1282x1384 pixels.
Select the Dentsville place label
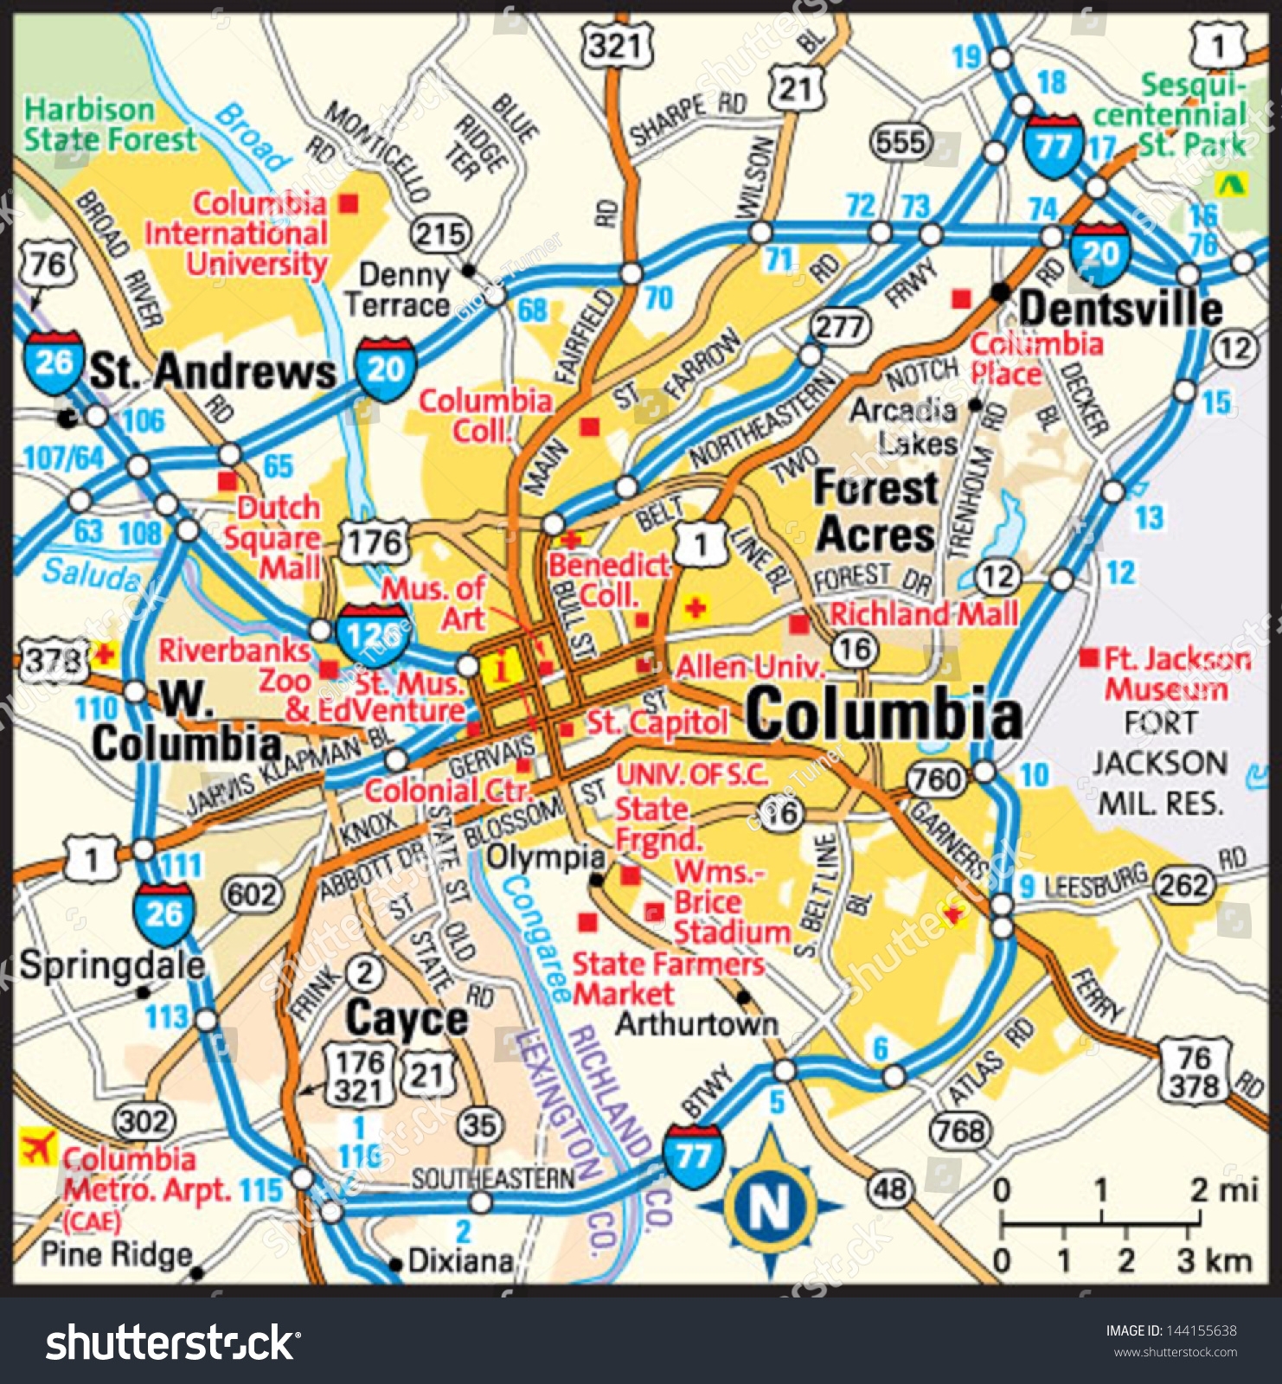click(x=1120, y=309)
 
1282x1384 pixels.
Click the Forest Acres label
click(x=875, y=511)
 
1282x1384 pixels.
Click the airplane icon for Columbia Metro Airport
click(x=37, y=1148)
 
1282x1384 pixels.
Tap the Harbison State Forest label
click(x=110, y=125)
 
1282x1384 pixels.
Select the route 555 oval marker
click(x=901, y=142)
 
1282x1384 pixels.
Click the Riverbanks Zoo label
click(x=234, y=665)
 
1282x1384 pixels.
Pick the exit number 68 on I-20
click(x=532, y=310)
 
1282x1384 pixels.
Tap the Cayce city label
click(x=407, y=1018)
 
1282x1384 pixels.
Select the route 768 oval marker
click(x=961, y=1130)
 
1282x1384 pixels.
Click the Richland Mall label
click(x=923, y=614)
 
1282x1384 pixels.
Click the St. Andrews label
click(x=213, y=372)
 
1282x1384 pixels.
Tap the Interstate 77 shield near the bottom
click(x=693, y=1156)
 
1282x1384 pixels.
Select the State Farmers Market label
click(x=668, y=978)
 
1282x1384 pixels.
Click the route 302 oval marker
click(x=144, y=1122)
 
